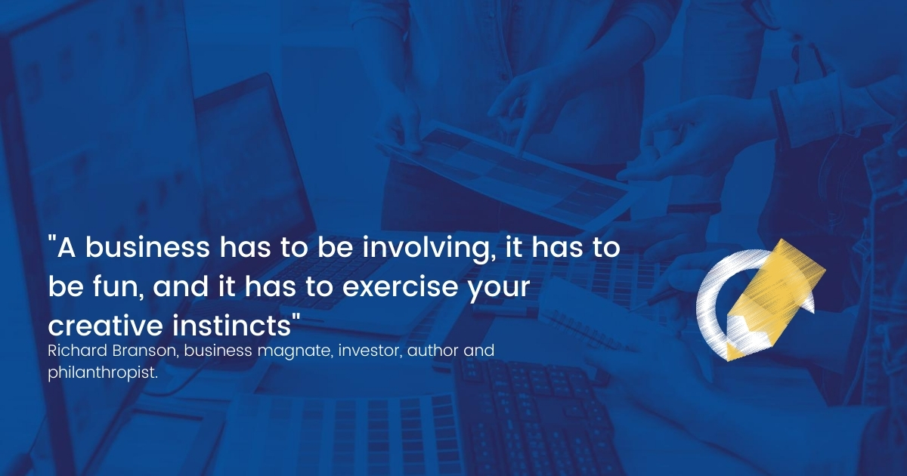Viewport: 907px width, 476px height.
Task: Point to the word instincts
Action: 232,325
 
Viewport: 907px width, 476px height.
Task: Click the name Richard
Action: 77,351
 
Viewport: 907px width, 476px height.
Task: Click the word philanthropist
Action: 103,372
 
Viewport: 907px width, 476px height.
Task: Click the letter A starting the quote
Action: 67,248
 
